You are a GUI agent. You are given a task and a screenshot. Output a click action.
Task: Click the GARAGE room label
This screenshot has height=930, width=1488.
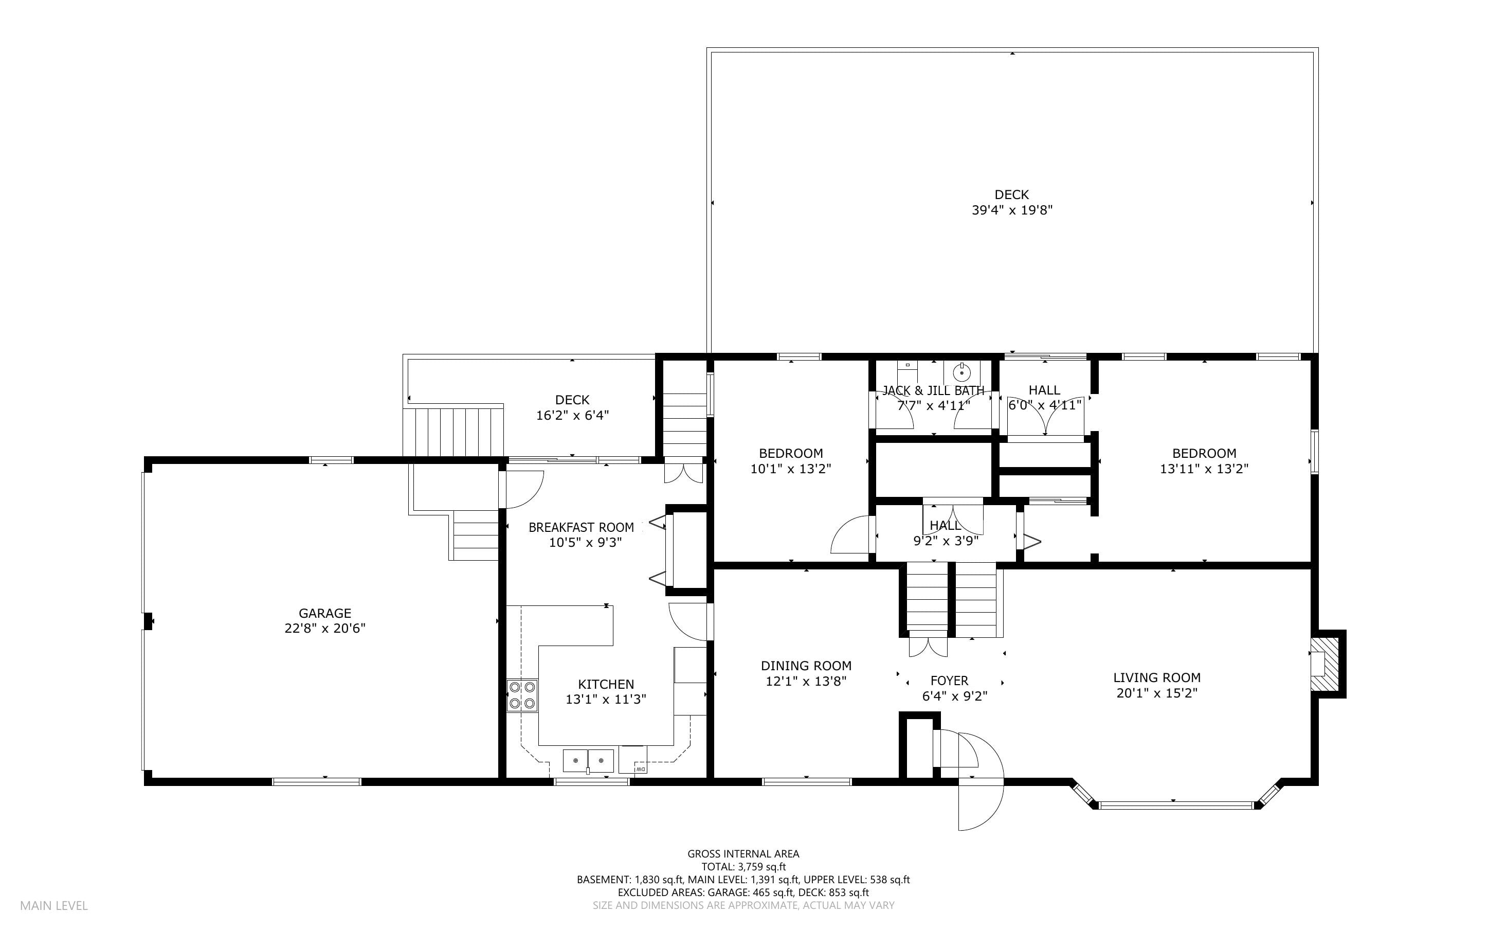click(x=324, y=613)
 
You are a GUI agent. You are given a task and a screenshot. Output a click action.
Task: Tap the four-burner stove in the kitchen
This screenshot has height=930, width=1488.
click(x=522, y=695)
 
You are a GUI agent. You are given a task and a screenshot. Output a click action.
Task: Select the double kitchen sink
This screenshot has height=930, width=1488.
click(x=589, y=761)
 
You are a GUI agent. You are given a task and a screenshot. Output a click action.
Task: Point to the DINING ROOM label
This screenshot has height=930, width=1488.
click(x=806, y=666)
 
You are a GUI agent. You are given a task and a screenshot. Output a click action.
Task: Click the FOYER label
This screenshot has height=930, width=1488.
click(x=949, y=681)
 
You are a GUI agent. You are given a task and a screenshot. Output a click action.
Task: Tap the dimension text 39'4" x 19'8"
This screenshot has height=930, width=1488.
click(x=1012, y=210)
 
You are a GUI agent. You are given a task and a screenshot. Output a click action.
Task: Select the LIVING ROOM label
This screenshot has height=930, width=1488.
click(x=1157, y=678)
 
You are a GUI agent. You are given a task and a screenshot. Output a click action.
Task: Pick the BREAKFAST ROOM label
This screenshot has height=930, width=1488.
click(x=581, y=528)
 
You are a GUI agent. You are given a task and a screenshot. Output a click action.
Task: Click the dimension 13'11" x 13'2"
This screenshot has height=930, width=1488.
click(x=1204, y=469)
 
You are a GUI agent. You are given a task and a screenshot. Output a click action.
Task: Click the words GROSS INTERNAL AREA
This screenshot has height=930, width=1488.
click(x=743, y=854)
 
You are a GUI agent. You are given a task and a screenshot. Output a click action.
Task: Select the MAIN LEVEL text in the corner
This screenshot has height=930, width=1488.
click(x=54, y=906)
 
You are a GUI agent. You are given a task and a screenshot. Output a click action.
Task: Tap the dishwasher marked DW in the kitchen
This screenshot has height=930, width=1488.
click(x=632, y=760)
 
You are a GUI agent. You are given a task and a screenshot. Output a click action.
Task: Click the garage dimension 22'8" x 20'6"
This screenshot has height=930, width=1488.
click(x=324, y=629)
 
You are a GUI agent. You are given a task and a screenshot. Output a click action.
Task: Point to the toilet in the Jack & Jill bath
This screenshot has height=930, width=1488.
click(x=907, y=372)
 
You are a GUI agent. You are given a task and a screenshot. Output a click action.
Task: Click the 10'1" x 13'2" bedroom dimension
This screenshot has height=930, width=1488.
click(x=790, y=469)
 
